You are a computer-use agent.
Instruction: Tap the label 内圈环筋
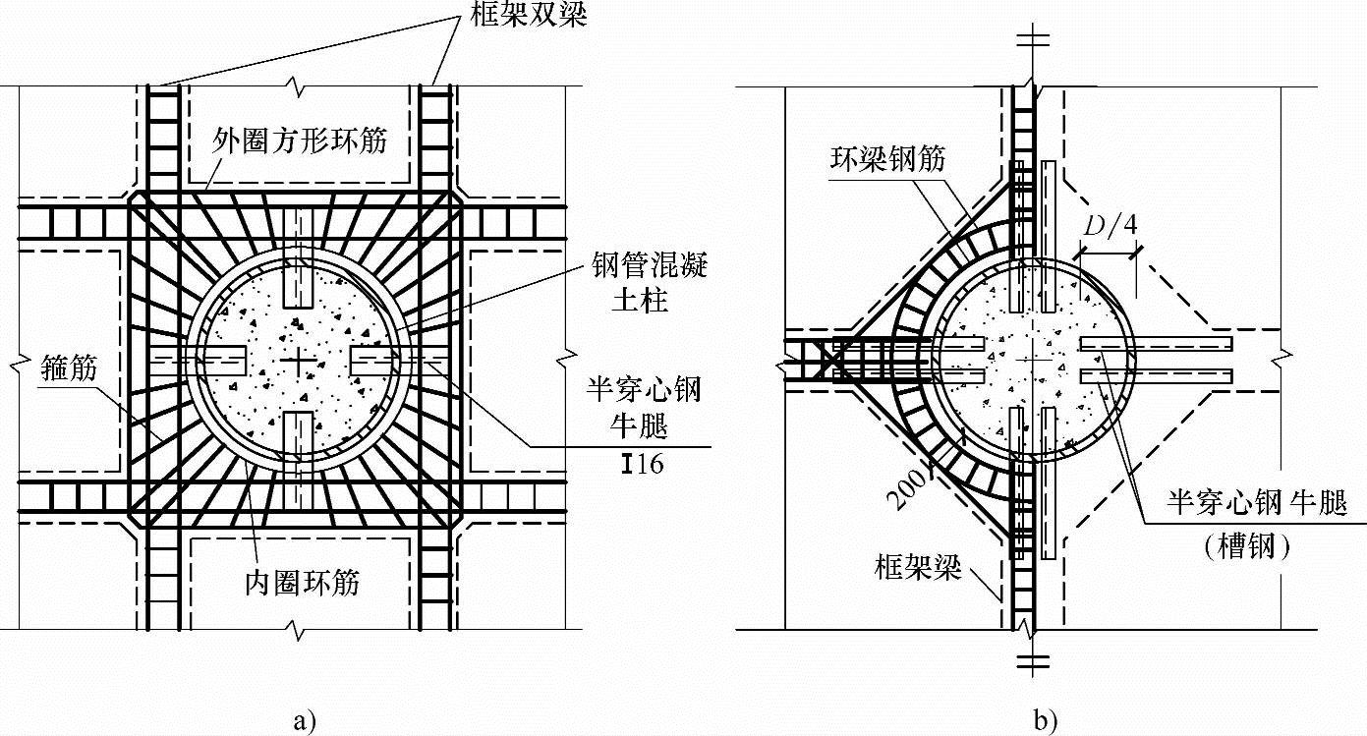pos(302,583)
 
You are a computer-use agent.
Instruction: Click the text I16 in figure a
pos(642,464)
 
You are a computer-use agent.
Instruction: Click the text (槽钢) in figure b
pos(1247,547)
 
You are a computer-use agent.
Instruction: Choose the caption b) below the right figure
pos(1045,720)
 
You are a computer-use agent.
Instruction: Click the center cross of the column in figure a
pos(297,362)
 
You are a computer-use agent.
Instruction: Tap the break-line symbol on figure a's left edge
pos(18,366)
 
